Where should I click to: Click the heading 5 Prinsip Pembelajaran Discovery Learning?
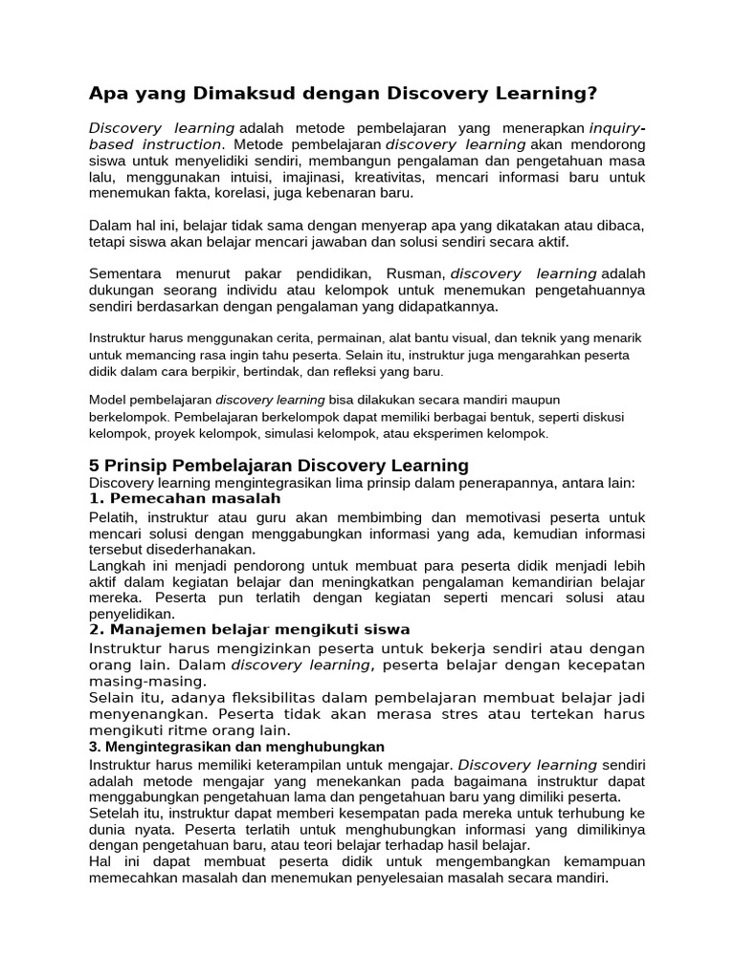click(278, 466)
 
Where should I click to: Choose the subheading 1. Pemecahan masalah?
click(185, 499)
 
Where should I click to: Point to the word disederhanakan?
click(199, 550)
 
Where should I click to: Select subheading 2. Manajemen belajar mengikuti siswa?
click(249, 629)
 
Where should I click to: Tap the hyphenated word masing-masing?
click(146, 681)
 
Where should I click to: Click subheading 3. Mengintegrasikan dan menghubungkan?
click(236, 746)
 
